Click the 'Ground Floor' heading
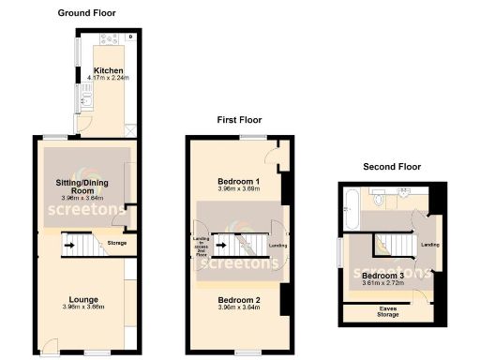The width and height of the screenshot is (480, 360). pyautogui.click(x=85, y=12)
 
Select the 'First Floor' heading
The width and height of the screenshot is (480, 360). pyautogui.click(x=239, y=120)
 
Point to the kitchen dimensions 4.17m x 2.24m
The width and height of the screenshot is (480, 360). pyautogui.click(x=109, y=78)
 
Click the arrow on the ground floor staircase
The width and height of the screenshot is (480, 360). pyautogui.click(x=69, y=247)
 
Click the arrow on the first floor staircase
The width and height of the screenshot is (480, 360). pyautogui.click(x=221, y=247)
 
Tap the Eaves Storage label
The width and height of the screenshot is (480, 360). pyautogui.click(x=387, y=310)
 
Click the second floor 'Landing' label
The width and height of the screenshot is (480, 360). pyautogui.click(x=430, y=245)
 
